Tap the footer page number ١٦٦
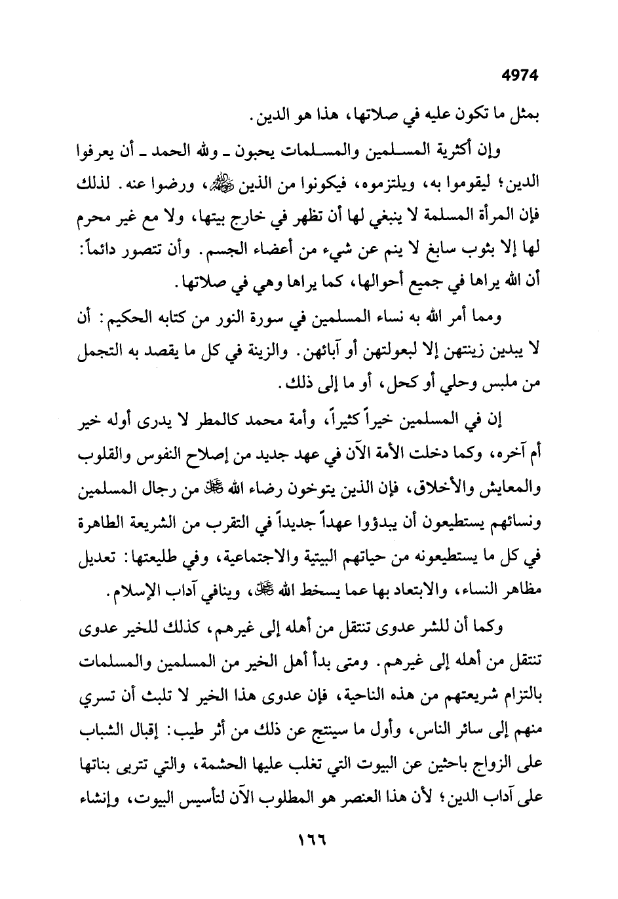(309, 854)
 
